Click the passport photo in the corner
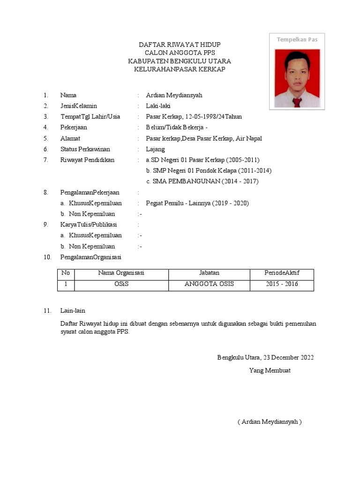[297, 78]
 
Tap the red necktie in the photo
[296, 102]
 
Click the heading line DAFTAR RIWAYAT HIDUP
[180, 45]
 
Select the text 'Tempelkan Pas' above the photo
[297, 39]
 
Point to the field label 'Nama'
[68, 95]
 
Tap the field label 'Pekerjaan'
[74, 127]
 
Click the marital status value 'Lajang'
[155, 149]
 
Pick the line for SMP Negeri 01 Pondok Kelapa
[209, 171]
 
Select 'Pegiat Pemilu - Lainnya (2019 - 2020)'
[197, 203]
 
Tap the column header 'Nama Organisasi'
[121, 273]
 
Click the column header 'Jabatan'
[209, 273]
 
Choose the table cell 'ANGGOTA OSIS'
[209, 284]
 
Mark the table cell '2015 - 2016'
[282, 284]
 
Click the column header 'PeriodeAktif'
[282, 273]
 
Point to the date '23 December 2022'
[285, 357]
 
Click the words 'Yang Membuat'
[270, 370]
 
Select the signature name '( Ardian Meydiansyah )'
[270, 421]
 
